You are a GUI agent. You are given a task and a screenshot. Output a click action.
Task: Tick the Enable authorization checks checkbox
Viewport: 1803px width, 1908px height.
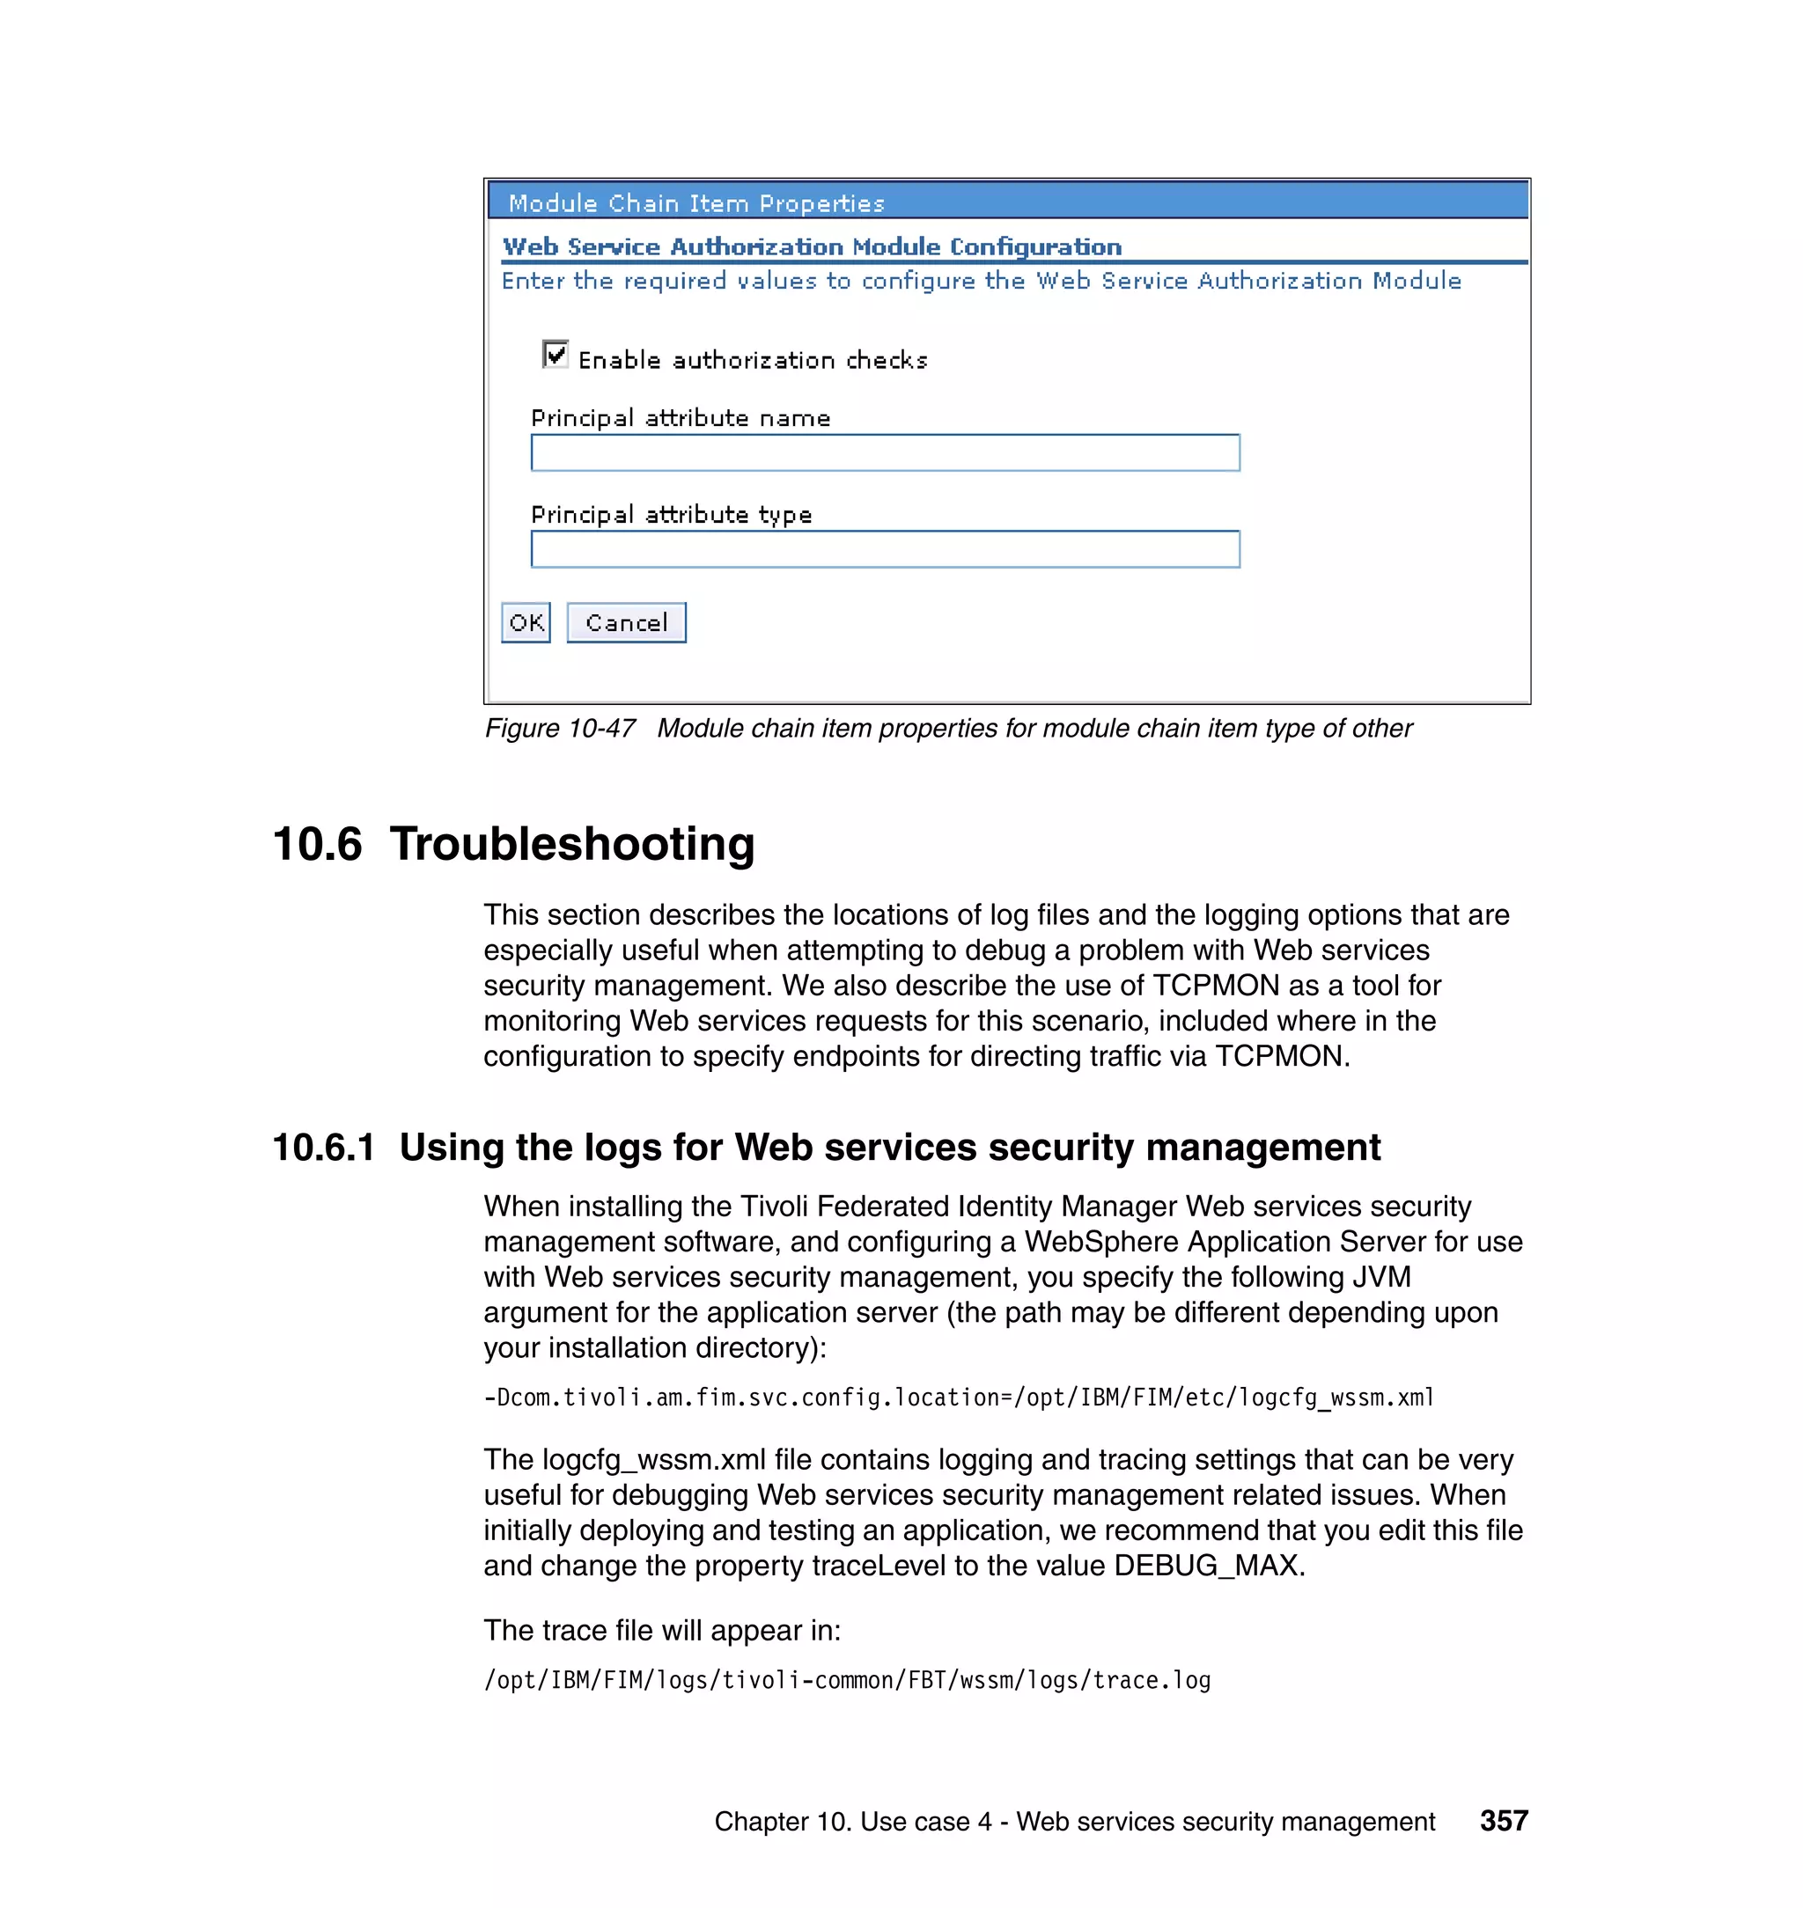[x=555, y=355]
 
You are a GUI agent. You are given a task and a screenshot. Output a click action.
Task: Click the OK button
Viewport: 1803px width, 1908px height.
[x=526, y=622]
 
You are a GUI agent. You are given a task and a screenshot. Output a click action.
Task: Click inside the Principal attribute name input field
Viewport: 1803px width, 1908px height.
[x=884, y=452]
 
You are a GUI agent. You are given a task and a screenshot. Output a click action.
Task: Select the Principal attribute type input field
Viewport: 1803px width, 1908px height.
[x=884, y=549]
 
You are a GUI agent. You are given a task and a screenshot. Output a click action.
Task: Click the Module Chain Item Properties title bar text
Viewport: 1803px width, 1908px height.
[x=695, y=203]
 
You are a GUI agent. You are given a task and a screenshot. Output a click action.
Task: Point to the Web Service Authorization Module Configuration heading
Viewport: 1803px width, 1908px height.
[x=811, y=247]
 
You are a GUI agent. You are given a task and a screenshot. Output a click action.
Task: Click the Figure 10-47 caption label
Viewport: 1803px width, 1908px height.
[x=559, y=728]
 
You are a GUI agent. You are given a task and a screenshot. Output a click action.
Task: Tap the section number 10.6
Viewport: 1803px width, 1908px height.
[x=317, y=845]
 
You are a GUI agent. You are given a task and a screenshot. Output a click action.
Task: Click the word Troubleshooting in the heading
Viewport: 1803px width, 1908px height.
[x=572, y=845]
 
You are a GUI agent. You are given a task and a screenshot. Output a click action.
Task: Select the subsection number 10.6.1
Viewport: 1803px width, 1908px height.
[x=323, y=1147]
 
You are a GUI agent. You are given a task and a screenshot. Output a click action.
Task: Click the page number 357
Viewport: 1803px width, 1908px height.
[x=1503, y=1821]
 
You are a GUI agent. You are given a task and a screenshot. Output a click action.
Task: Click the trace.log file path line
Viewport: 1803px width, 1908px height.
[x=847, y=1680]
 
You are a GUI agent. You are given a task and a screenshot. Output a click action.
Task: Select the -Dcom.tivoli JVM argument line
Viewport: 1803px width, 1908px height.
[x=958, y=1397]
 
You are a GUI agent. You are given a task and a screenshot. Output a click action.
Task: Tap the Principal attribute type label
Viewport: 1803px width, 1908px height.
[x=671, y=515]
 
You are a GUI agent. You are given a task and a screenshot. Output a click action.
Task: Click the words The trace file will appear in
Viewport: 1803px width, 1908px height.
[x=661, y=1631]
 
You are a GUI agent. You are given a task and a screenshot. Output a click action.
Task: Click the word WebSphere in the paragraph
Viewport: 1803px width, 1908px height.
[x=1100, y=1241]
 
